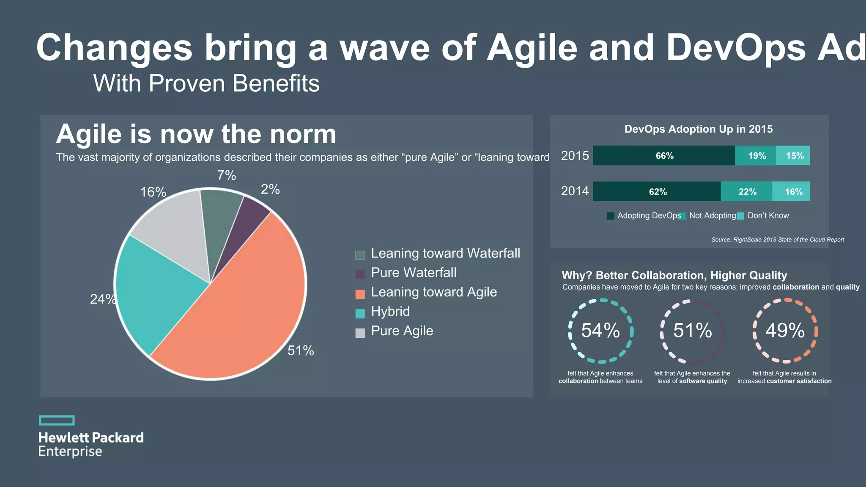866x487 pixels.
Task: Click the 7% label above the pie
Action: (x=227, y=175)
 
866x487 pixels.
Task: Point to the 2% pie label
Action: (x=270, y=189)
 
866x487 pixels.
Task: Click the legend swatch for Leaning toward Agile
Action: (x=360, y=294)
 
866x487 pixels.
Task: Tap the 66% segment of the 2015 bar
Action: (x=664, y=156)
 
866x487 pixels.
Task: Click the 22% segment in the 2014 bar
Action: (x=747, y=192)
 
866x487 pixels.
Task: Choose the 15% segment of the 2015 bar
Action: (x=794, y=156)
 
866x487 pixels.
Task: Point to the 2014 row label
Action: (x=575, y=191)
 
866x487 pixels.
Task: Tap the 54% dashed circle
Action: (x=600, y=331)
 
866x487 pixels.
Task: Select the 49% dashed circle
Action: (x=785, y=331)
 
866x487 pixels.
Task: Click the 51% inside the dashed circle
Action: (x=693, y=331)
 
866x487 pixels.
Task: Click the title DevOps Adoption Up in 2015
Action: (x=699, y=129)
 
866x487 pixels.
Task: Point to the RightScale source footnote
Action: (x=777, y=240)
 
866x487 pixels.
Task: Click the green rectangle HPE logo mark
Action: (x=57, y=420)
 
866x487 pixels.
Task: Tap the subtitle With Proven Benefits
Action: (x=206, y=83)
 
